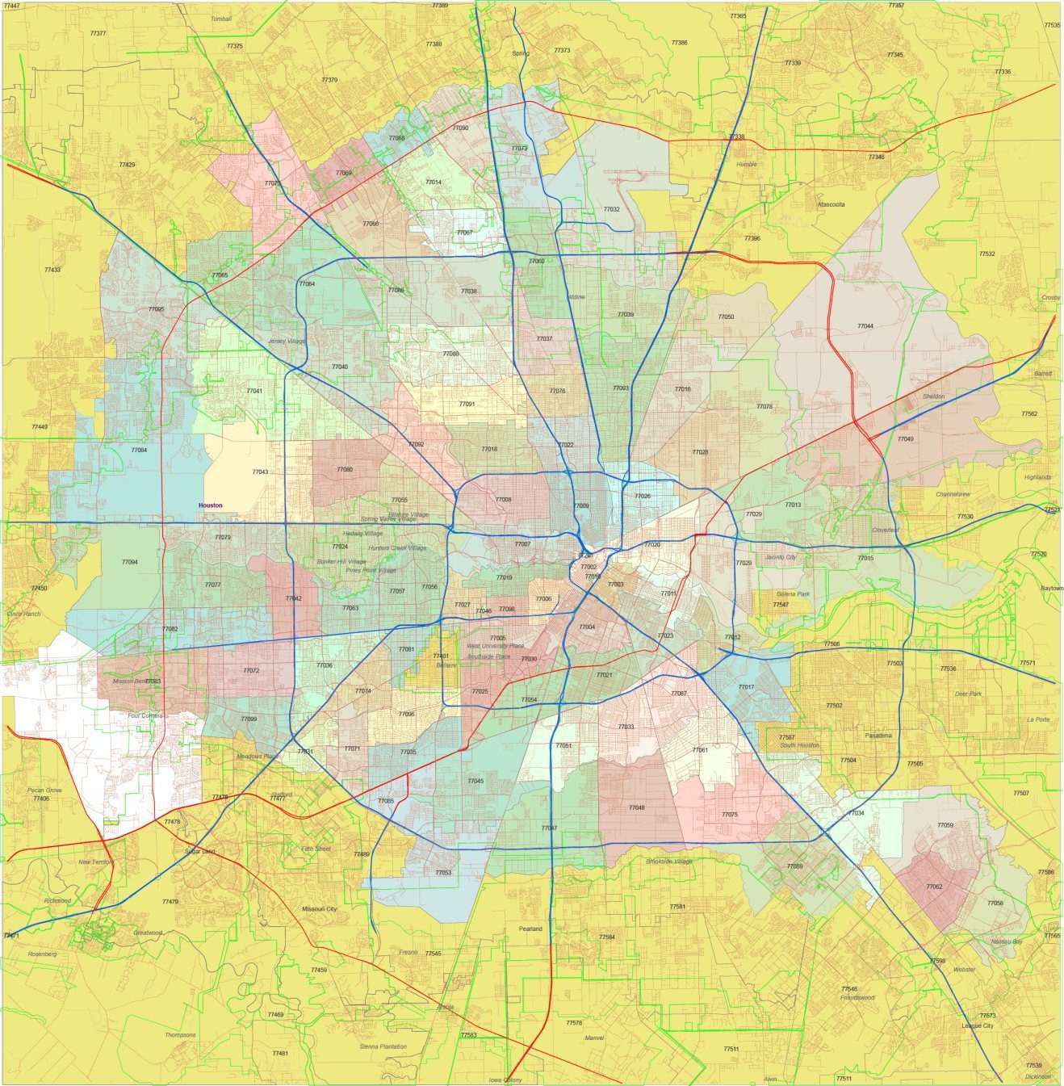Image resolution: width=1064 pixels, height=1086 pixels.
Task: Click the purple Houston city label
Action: (210, 505)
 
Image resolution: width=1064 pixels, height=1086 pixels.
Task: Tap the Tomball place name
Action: (221, 19)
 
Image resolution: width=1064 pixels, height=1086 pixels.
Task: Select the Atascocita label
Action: (831, 205)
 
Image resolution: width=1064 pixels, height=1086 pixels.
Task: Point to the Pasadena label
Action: (878, 736)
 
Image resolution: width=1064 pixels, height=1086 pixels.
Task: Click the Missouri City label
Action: (320, 909)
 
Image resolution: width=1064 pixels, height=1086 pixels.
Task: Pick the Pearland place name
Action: (530, 929)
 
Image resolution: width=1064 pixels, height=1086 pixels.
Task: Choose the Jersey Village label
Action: (287, 342)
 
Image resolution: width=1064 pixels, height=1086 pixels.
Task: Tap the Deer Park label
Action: (968, 694)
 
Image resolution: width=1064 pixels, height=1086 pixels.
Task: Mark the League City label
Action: (978, 1026)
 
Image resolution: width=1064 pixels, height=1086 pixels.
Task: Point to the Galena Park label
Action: (793, 594)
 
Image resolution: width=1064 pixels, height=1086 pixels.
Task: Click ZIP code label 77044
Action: (865, 326)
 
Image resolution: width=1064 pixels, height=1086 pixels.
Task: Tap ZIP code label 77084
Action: (139, 451)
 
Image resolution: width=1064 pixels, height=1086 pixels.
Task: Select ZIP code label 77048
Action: (636, 808)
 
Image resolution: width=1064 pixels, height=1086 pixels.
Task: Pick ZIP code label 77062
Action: (934, 887)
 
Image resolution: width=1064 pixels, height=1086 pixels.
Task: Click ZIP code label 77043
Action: (260, 472)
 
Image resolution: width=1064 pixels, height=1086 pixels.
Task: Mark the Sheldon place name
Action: (933, 396)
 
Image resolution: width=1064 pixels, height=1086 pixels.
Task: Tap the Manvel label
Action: (594, 1038)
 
